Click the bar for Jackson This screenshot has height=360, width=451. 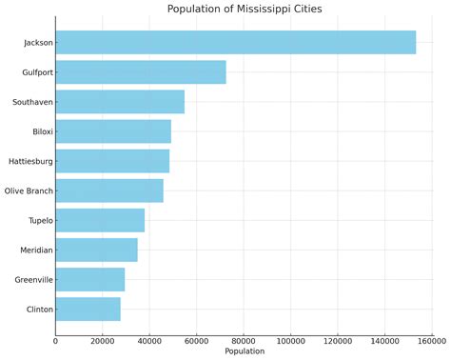[x=235, y=42]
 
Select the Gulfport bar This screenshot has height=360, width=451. [x=141, y=72]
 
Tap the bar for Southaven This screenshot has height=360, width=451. [x=120, y=102]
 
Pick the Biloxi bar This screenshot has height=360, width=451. [x=113, y=131]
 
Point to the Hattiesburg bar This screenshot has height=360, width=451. [x=112, y=161]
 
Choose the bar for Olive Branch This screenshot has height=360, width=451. [x=109, y=190]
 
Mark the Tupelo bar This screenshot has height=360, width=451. [x=100, y=220]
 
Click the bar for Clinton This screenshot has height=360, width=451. [x=88, y=310]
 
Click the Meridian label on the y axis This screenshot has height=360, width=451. [x=35, y=250]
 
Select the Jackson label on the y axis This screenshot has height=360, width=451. [x=38, y=43]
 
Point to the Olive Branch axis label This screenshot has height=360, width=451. [x=29, y=191]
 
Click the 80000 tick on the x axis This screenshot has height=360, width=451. [x=244, y=340]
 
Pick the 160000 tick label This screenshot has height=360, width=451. [x=431, y=340]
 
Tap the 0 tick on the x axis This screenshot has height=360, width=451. [x=55, y=340]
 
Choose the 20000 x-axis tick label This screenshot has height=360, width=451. [x=102, y=340]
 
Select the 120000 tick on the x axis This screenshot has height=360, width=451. [x=337, y=340]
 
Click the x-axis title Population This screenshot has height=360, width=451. [x=244, y=351]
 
